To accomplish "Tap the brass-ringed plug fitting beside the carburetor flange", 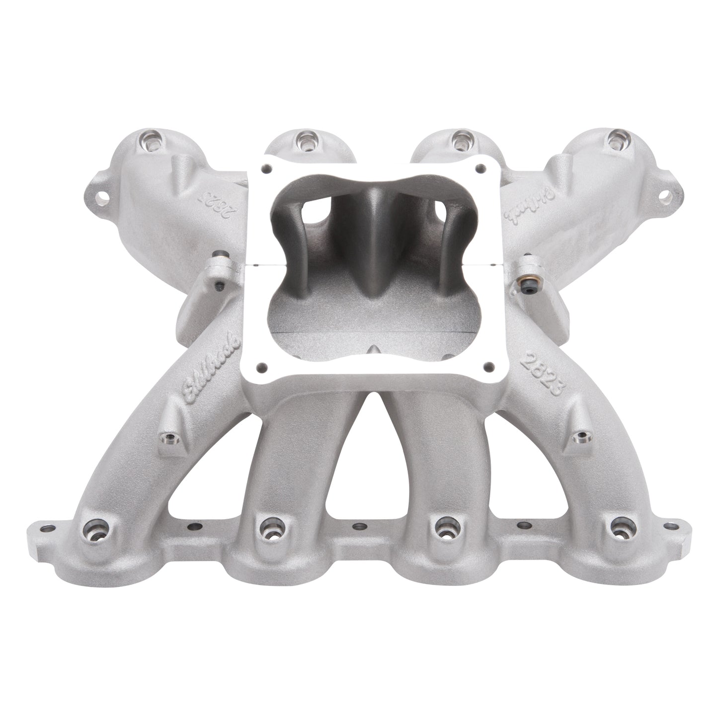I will [x=527, y=264].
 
